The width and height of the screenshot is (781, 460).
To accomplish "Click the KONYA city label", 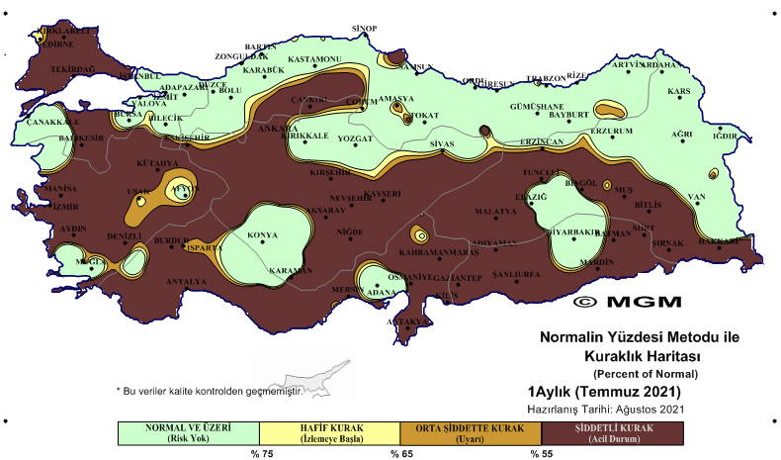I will click(x=261, y=235).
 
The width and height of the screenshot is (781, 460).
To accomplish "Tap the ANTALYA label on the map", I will click(x=187, y=281).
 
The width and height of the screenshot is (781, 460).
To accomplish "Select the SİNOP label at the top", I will click(x=366, y=27).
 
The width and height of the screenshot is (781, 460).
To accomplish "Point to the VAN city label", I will click(x=697, y=196).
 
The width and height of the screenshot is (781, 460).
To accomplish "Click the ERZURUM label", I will click(x=610, y=130).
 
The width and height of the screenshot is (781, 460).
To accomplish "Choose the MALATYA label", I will click(x=495, y=211).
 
